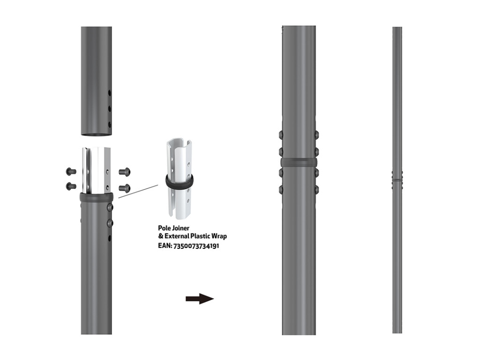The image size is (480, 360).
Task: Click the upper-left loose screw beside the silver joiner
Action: point(71,171)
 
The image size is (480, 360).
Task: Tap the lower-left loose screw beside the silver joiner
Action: point(71,186)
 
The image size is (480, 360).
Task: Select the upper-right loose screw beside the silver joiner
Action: point(125,172)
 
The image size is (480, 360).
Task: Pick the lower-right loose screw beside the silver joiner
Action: point(125,188)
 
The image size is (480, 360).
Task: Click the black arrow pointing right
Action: point(200,299)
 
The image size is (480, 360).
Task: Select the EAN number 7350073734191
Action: point(196,245)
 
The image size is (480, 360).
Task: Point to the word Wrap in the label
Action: point(219,236)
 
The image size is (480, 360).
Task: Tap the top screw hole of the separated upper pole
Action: point(110,93)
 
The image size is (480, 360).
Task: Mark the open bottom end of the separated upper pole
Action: point(97,135)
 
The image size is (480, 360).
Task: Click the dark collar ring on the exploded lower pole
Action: point(97,197)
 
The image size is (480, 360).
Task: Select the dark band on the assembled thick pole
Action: point(298,162)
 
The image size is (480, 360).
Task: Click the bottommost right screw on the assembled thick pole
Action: point(316,189)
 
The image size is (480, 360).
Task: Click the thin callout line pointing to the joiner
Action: point(138,191)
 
